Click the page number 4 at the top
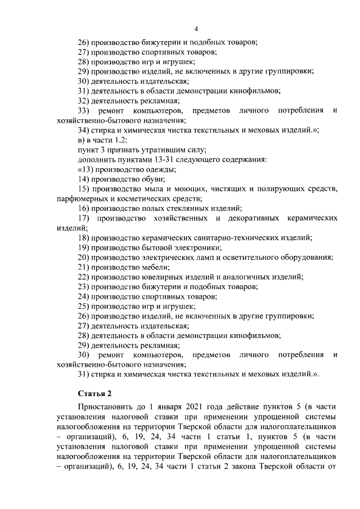196,29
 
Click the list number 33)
84,110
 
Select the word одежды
159,169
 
